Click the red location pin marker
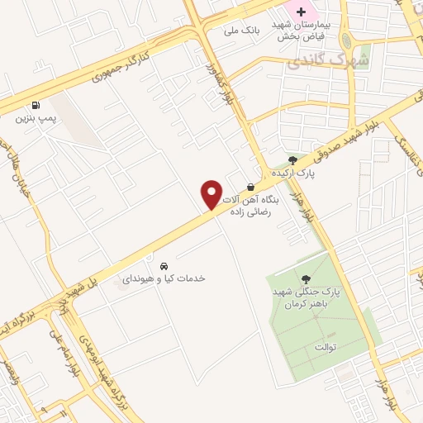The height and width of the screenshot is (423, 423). coord(211,195)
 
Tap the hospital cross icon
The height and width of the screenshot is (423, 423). coord(302,12)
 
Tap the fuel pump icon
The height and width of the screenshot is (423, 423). coord(35,105)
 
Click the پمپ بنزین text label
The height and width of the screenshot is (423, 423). coord(34,119)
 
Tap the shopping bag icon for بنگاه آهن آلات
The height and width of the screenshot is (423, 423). coord(250,187)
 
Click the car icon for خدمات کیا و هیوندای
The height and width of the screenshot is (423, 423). coord(164,266)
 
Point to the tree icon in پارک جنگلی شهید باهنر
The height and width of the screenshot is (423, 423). coord(307,279)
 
